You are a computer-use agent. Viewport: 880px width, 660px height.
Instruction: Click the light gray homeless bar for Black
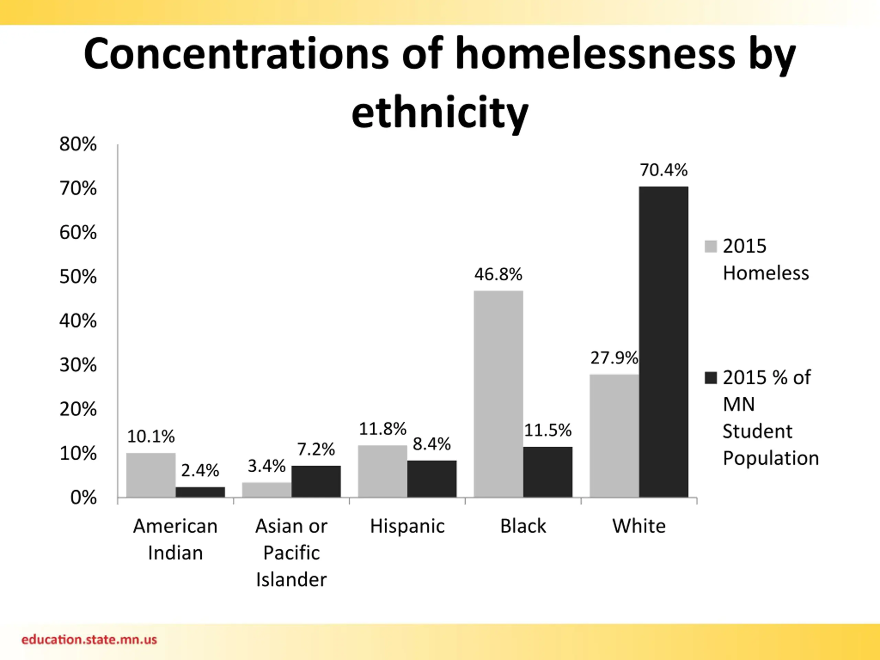click(x=498, y=394)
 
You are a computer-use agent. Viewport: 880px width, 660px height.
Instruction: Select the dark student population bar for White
click(x=663, y=342)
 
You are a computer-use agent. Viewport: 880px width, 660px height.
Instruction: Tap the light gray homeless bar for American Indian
click(x=151, y=475)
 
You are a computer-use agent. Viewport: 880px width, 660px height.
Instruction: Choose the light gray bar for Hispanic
click(x=382, y=471)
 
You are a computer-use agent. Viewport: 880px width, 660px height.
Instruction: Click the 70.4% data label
click(x=663, y=170)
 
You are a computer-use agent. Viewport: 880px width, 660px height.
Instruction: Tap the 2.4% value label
click(x=200, y=471)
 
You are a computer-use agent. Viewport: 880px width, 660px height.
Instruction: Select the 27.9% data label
click(x=614, y=358)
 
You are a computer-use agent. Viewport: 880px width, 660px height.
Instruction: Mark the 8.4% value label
click(x=432, y=444)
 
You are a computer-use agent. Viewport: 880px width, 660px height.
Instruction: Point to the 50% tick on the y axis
click(x=78, y=277)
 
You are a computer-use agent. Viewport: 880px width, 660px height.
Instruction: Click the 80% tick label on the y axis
click(x=78, y=144)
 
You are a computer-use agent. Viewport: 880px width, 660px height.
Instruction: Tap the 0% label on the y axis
click(x=83, y=498)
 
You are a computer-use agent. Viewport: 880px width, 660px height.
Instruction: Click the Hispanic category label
click(x=407, y=526)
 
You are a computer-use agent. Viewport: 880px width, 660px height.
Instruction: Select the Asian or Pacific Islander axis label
click(x=291, y=553)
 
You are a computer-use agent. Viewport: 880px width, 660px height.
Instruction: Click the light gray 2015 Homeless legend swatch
click(x=711, y=246)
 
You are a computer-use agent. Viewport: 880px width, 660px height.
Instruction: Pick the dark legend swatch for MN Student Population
click(x=711, y=377)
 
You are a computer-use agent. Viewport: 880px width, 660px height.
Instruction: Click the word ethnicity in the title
click(x=440, y=113)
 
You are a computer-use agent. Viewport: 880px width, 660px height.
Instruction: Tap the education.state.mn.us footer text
click(x=89, y=640)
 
